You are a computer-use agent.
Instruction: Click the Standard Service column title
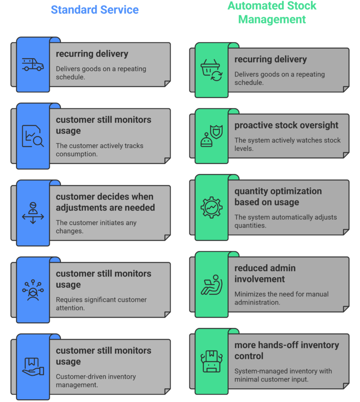(95, 9)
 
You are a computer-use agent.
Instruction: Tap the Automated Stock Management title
(272, 13)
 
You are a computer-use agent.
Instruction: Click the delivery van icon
(33, 65)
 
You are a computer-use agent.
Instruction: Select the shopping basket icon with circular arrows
(211, 70)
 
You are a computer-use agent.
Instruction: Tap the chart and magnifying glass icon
(33, 136)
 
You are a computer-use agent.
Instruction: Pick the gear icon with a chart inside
(211, 207)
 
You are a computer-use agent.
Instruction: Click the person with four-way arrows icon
(33, 213)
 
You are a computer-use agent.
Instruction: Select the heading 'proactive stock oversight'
(286, 126)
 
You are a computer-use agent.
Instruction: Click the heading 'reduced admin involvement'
(265, 274)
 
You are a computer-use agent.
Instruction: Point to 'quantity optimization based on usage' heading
(278, 197)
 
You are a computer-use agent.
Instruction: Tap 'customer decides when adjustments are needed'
(105, 202)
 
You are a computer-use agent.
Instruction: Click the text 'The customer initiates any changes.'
(96, 226)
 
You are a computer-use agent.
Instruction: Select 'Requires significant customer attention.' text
(101, 303)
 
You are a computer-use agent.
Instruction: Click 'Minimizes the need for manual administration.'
(281, 298)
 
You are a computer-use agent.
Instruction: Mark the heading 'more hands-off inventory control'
(286, 350)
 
